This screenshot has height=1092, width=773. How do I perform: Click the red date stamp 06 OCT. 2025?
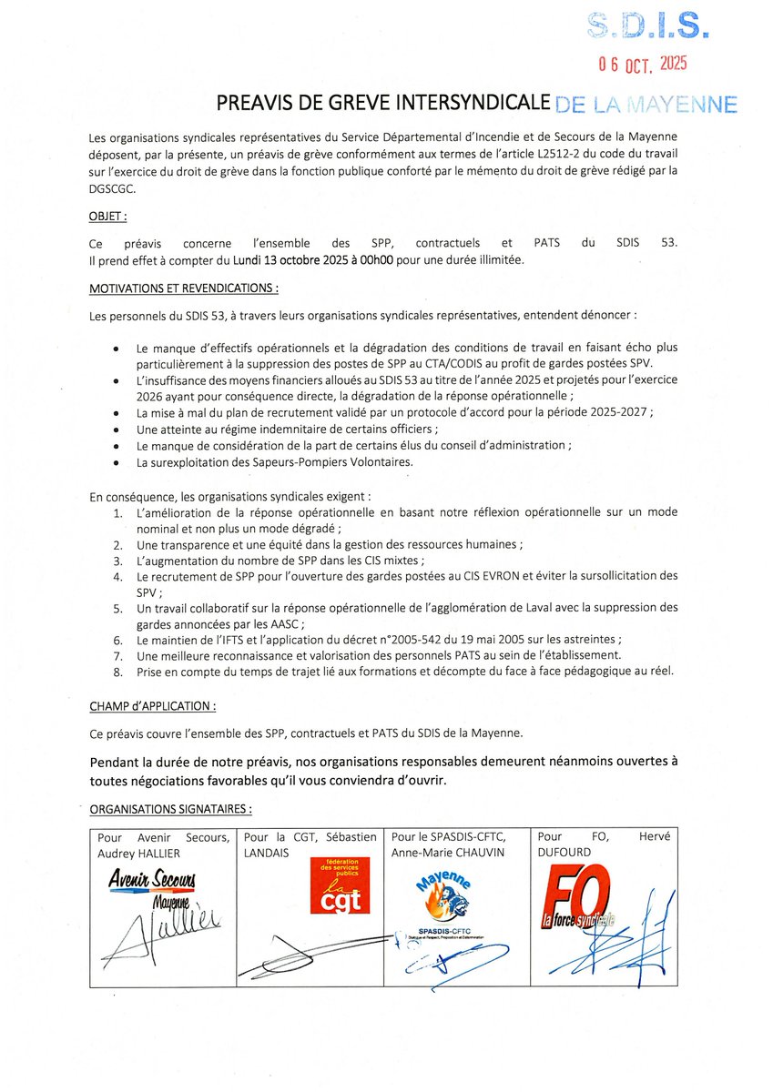point(642,64)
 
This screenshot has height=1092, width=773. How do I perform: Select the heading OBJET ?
point(108,217)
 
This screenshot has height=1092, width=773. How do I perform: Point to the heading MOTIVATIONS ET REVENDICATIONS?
point(183,288)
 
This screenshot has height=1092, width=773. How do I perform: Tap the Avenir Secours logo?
point(151,882)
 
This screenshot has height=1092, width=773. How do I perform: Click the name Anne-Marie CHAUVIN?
point(447,853)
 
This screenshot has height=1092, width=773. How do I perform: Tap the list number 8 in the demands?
point(117,672)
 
